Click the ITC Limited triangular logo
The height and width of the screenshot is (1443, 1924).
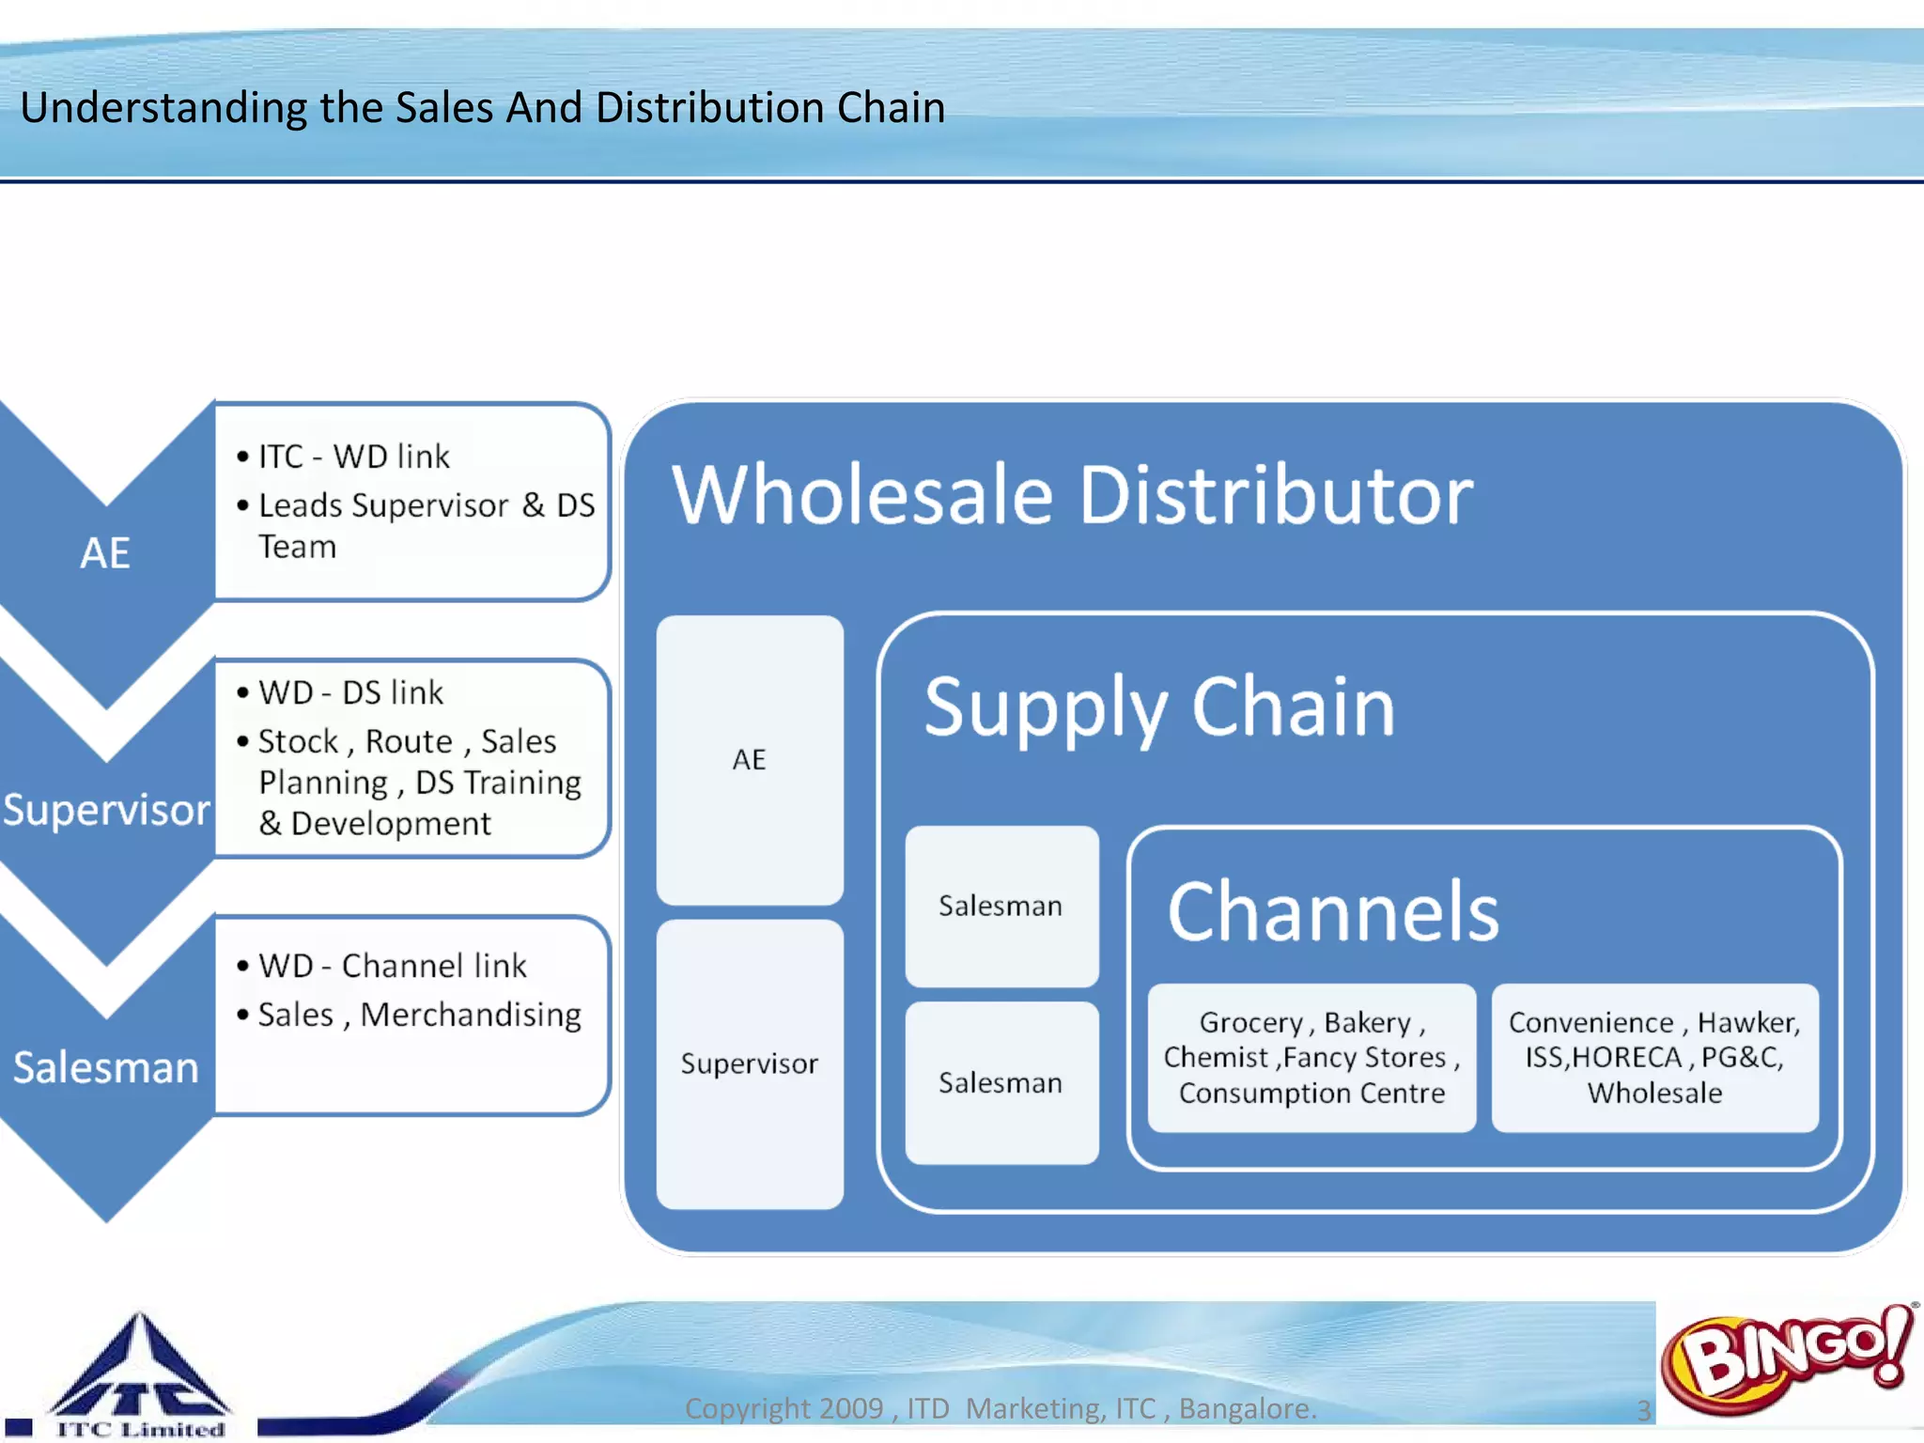coord(139,1373)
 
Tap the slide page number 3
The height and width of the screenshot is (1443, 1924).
coord(1644,1410)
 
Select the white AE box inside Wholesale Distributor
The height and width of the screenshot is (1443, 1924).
coord(749,759)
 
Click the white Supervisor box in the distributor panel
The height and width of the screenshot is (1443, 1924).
coord(749,1063)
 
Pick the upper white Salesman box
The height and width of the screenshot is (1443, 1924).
coord(1001,906)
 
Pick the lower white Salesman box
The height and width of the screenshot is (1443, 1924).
coord(1001,1082)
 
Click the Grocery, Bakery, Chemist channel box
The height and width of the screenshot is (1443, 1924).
coord(1311,1058)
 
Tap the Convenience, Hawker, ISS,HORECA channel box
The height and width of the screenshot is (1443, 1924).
coord(1654,1058)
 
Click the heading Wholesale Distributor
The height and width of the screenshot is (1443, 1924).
coord(1072,495)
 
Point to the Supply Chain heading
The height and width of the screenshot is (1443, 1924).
coord(1159,707)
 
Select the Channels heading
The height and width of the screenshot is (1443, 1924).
coord(1332,911)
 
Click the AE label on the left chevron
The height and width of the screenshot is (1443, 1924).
coord(105,552)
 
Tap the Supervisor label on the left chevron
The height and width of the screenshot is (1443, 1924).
coord(106,810)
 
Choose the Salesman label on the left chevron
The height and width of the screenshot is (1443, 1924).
coord(106,1067)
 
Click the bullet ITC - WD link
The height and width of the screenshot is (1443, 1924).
coord(354,457)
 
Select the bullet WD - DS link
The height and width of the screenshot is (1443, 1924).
coord(350,692)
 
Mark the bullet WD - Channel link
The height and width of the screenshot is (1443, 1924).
coord(392,966)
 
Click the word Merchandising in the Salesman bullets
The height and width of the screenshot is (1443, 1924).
coord(471,1015)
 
